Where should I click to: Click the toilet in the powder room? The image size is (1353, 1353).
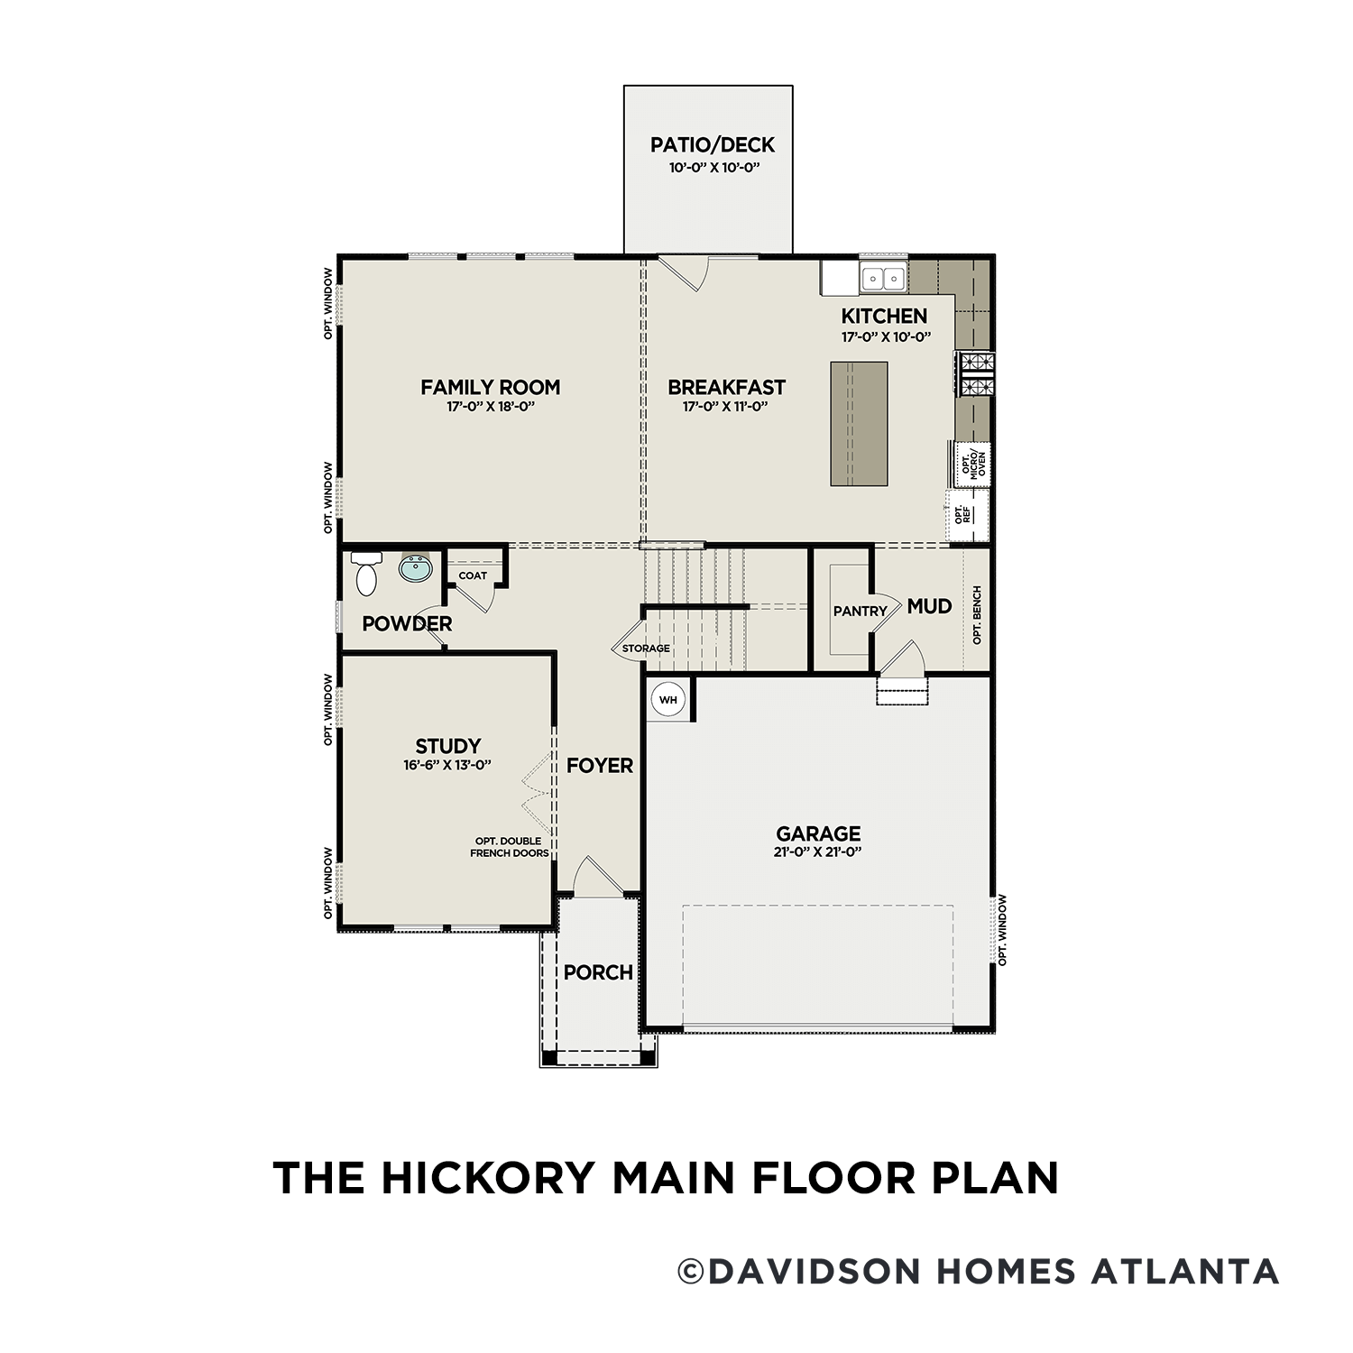pos(366,575)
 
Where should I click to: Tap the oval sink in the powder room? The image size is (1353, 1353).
pos(416,569)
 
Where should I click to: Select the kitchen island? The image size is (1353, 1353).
pos(859,424)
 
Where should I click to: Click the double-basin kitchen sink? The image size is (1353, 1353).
pos(883,278)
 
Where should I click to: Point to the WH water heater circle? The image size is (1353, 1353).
pos(667,700)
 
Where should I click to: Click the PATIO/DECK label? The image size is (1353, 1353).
pos(713,144)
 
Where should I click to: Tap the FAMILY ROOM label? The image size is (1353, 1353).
pos(491,387)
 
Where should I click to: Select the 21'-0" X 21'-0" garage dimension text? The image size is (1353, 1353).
pos(818,852)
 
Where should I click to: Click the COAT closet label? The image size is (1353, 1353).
pos(473,575)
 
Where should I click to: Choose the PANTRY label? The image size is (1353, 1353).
pos(860,611)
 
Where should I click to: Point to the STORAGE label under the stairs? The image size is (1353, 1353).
pos(646,649)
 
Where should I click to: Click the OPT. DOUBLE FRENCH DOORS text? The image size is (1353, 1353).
pos(510,847)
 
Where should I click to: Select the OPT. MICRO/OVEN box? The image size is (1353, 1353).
pos(973,464)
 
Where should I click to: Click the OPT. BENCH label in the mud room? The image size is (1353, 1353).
pos(977,615)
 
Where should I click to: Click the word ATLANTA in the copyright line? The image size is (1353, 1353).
pos(1185,1272)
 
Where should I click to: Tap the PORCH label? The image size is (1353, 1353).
pos(598,972)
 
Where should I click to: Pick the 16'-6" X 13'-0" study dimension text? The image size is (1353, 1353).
pos(447,765)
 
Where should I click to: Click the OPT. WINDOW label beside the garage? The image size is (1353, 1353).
pos(1002,930)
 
